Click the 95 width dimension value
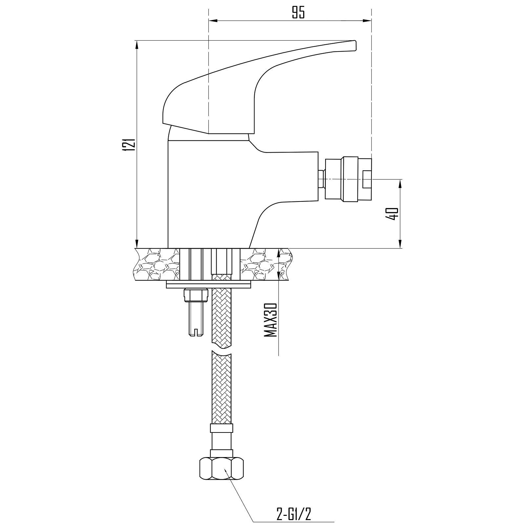[x=298, y=12]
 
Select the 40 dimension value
[x=392, y=214]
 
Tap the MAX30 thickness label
[x=271, y=320]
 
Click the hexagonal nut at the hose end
[x=221, y=469]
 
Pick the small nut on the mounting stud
[x=196, y=295]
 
